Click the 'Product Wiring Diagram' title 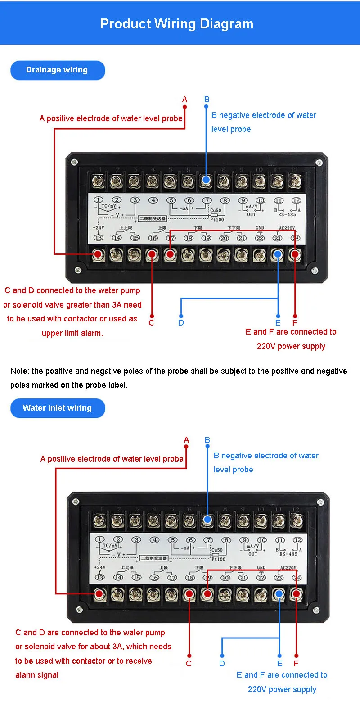pos(176,24)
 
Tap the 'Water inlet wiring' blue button pos(57,408)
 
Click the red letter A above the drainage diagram pos(184,100)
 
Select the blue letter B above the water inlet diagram pos(207,440)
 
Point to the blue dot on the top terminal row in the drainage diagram pos(206,181)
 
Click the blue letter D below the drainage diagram pos(181,322)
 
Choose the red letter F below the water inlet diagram pos(296,663)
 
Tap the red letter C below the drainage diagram pos(151,322)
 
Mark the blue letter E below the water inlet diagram pos(279,663)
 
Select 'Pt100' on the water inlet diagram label pos(218,559)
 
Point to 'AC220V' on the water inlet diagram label pos(288,568)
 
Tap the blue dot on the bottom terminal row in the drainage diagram pos(278,255)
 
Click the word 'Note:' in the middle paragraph pos(20,371)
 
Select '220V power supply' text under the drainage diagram pos(291,346)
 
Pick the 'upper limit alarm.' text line pos(72,333)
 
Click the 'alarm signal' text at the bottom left pos(37,674)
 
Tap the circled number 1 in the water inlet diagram pos(100,539)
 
